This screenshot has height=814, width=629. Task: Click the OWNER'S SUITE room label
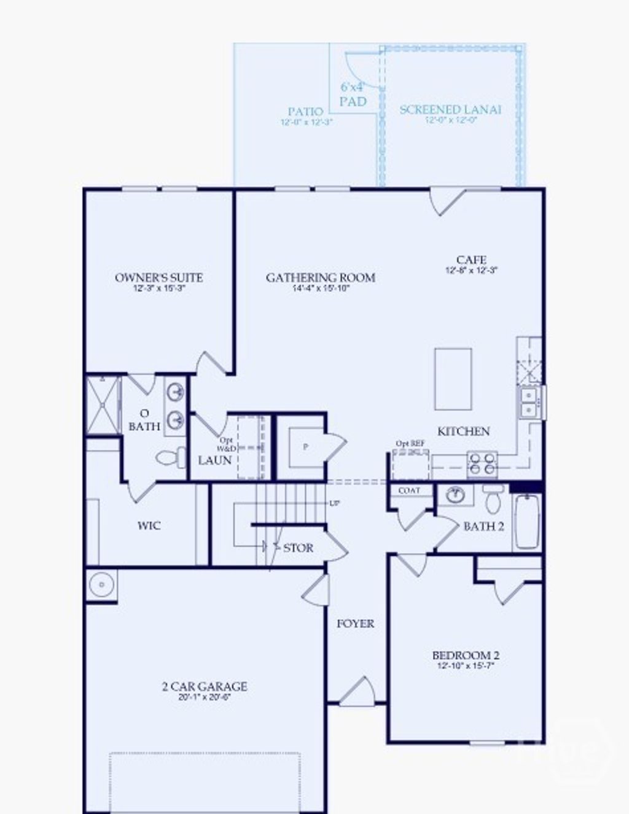point(159,277)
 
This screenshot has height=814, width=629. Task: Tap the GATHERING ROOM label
point(321,277)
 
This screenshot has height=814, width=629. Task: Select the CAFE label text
point(471,260)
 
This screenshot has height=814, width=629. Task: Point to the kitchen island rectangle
point(453,379)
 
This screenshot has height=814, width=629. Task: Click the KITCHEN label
point(463,432)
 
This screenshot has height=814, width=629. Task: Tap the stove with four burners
point(482,463)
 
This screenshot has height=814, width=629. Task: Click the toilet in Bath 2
point(493,498)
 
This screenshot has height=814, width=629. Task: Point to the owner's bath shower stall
point(103,405)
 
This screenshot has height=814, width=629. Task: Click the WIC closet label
point(149,525)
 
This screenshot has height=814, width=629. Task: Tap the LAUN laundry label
point(215,460)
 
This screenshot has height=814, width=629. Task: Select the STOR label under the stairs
point(298,548)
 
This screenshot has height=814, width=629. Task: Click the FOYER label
point(355,624)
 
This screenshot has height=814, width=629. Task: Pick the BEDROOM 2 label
point(466,656)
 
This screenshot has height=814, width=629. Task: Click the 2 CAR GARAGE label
point(205,686)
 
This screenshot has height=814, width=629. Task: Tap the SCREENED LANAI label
point(450,110)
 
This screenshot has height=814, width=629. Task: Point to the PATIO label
point(305,112)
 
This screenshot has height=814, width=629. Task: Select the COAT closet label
point(410,490)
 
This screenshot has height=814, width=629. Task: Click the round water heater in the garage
point(101,584)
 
